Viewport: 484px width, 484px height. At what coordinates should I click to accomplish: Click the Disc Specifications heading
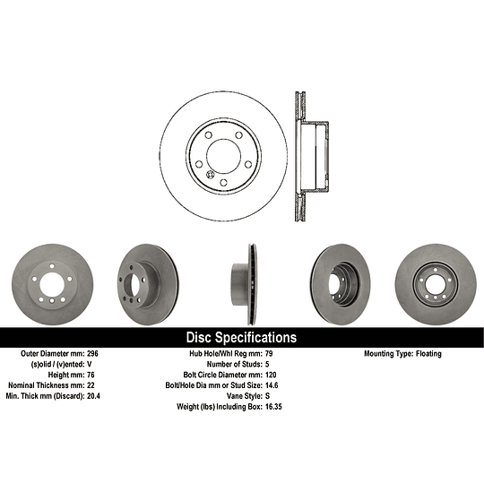[241, 337]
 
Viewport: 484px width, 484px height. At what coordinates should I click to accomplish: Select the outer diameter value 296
[92, 353]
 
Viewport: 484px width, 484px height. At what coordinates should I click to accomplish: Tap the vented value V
[90, 364]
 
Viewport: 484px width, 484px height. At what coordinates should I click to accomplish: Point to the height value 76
[91, 375]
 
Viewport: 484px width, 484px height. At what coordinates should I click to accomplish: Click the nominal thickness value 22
[91, 385]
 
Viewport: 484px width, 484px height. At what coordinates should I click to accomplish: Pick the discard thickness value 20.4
[93, 396]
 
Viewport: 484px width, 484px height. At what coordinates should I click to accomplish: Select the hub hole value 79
[269, 353]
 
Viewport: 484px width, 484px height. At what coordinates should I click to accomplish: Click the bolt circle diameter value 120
[271, 375]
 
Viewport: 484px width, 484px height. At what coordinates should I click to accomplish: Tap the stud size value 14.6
[272, 385]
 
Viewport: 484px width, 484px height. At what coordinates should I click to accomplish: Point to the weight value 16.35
[273, 407]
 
